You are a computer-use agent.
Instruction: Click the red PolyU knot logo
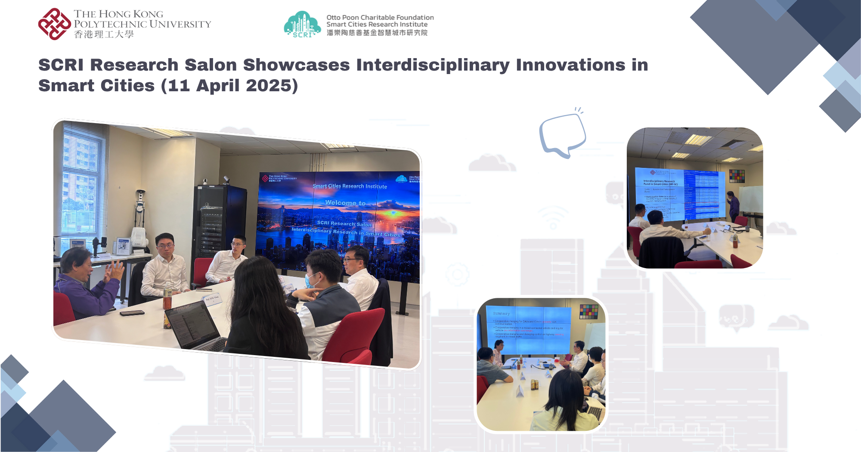[54, 24]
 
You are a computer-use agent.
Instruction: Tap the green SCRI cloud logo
[302, 25]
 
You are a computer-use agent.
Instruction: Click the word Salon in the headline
[211, 65]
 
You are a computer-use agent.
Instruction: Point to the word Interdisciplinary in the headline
[433, 65]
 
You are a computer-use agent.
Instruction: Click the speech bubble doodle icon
[562, 134]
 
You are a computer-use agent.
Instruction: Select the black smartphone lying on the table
[132, 313]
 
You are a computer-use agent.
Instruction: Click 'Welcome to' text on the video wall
[345, 203]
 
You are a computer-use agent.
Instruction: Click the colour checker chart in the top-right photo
[737, 176]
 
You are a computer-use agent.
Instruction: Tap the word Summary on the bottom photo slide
[501, 313]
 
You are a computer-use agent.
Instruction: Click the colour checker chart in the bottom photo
[588, 312]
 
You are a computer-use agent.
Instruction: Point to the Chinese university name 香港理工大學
[104, 34]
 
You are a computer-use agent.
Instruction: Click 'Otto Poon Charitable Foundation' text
[380, 17]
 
